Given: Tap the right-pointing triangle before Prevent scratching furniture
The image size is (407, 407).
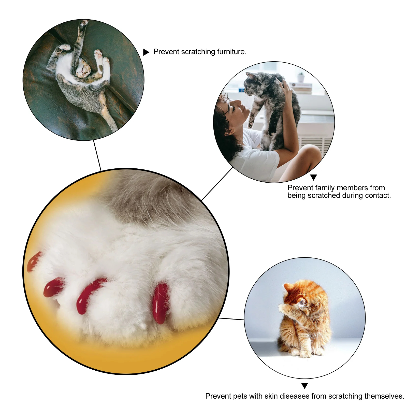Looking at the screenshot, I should point(146,52).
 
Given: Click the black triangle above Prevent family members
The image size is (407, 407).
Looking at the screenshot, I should point(313,177).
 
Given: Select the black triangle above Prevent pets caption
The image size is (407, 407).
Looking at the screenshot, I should point(304,386).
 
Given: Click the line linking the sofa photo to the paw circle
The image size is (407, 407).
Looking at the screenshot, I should point(97,155).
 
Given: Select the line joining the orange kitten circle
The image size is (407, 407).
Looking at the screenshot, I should point(231,319).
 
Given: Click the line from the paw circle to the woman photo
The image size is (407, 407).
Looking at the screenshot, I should point(217,184).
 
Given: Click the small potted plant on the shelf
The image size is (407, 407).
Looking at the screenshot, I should point(301,77).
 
